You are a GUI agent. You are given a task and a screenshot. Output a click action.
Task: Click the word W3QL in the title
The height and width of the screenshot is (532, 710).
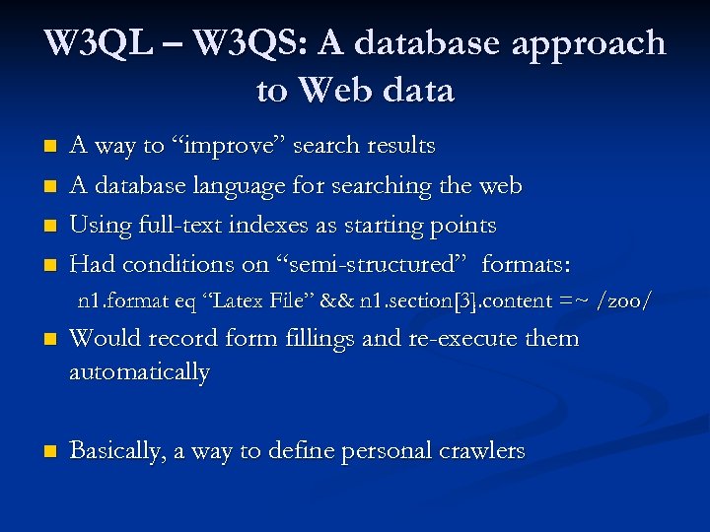(x=95, y=44)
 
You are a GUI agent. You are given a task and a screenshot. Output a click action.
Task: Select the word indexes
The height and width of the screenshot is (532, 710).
(x=273, y=225)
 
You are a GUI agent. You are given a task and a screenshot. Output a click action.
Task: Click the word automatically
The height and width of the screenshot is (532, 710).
(x=139, y=372)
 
